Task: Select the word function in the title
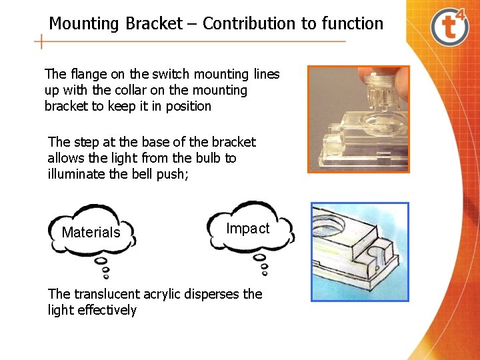352,24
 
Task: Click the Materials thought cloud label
91,233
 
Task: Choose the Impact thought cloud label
248,229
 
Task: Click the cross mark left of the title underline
42,42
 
